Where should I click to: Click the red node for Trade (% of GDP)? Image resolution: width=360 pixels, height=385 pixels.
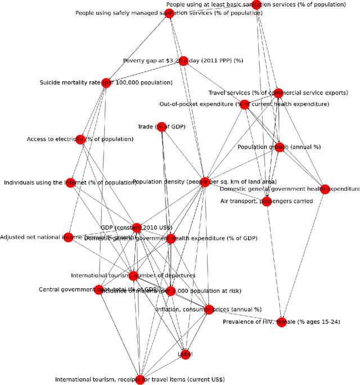tap(161, 127)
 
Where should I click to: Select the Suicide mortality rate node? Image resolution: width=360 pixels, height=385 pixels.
tap(106, 83)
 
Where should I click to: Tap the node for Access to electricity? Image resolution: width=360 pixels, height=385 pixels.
tap(80, 139)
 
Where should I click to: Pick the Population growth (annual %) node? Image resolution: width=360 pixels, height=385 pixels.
tap(279, 147)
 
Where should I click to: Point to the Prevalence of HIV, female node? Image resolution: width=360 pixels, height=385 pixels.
tap(281, 322)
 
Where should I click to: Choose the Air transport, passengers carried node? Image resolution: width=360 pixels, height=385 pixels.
tap(267, 201)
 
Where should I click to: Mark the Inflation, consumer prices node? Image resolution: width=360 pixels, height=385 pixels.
tap(209, 309)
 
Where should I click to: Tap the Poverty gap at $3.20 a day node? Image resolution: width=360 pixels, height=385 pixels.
tap(183, 60)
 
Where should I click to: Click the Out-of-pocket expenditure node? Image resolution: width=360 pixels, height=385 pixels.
tap(244, 104)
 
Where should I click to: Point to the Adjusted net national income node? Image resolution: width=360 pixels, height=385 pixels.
tap(67, 237)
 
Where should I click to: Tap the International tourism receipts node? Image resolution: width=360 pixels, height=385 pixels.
tap(140, 379)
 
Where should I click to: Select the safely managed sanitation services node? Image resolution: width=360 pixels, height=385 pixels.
tap(169, 13)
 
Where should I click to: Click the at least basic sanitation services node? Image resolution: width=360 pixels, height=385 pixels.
tap(257, 5)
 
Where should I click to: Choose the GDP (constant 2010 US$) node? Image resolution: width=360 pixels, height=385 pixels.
tap(137, 227)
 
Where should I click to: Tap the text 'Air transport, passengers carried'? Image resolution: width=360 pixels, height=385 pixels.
tap(267, 201)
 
